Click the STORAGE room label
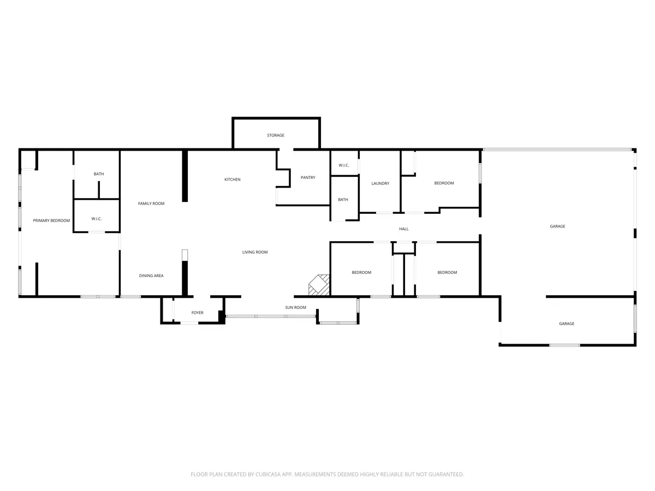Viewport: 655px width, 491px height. tap(276, 135)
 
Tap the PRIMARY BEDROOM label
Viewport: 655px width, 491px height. tap(51, 220)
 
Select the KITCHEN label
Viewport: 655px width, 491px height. tap(233, 179)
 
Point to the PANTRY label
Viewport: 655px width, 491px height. tap(308, 178)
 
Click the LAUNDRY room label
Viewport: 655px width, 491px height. tap(380, 184)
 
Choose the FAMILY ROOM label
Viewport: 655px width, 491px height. tap(151, 203)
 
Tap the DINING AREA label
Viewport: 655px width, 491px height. tap(151, 276)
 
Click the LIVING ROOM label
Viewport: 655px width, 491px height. tap(255, 252)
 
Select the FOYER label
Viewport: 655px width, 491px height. tap(197, 313)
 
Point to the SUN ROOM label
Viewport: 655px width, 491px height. tap(295, 308)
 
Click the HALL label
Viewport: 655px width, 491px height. tap(404, 229)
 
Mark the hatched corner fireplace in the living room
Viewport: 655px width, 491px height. tap(319, 285)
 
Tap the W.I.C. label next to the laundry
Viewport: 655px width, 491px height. tap(344, 165)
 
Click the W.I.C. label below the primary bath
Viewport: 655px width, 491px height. tap(97, 219)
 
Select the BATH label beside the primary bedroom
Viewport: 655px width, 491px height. tap(99, 174)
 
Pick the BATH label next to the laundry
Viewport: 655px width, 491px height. tap(343, 200)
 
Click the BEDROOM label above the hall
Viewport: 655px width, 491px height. tap(444, 183)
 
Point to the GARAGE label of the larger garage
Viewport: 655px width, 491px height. tap(557, 226)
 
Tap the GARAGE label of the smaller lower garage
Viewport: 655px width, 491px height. tap(567, 324)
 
